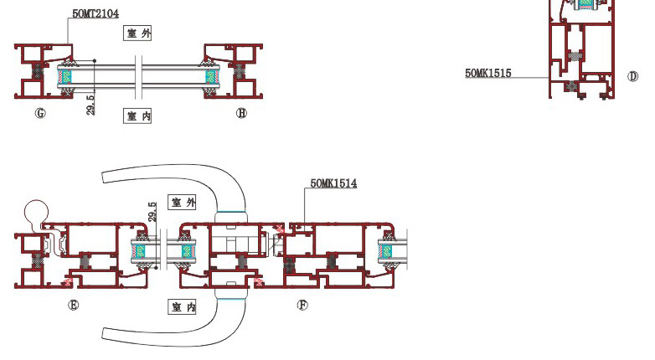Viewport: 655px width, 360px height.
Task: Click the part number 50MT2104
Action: point(95,13)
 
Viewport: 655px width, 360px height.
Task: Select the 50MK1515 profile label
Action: point(488,73)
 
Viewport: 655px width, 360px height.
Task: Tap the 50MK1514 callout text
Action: point(333,183)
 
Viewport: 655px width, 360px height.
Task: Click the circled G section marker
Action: point(40,113)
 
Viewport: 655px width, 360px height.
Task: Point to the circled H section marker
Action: point(241,113)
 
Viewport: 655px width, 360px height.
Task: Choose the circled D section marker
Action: point(633,76)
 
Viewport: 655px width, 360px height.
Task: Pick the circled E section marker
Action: point(73,305)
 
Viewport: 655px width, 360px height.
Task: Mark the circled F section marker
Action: point(302,305)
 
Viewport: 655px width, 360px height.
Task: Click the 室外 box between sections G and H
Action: point(137,33)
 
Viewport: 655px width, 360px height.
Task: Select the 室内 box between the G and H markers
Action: point(137,116)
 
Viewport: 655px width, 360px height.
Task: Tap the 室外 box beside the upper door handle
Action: point(182,202)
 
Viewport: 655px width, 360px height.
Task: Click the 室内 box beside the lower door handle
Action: point(182,307)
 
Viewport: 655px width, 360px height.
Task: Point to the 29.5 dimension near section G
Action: point(90,105)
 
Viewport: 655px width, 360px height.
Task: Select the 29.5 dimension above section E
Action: point(152,211)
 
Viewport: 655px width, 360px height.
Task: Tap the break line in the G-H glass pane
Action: point(139,78)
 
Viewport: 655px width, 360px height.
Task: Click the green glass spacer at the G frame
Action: point(66,77)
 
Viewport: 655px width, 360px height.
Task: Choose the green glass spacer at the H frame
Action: point(210,77)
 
